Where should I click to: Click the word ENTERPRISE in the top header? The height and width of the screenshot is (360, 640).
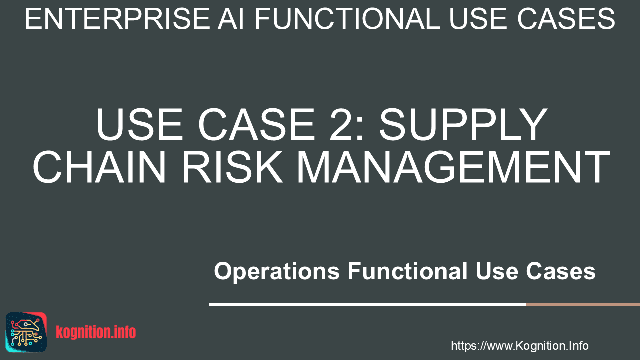117,19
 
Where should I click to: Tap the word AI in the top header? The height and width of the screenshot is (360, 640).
231,19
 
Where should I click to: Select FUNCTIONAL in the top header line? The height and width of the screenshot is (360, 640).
347,19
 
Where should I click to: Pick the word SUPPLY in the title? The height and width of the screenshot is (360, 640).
463,124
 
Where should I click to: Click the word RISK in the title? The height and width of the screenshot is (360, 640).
232,167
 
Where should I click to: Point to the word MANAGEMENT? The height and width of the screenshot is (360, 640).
453,167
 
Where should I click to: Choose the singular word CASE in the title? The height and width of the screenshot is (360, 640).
256,124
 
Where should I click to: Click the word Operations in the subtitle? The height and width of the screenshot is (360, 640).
277,271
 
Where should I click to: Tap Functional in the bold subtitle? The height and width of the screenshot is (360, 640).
407,271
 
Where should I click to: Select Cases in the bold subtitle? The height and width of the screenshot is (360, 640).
561,271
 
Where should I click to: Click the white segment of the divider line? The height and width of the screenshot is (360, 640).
367,304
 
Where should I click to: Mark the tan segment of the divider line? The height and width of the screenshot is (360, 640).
583,304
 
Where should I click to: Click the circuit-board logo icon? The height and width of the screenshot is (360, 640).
26,332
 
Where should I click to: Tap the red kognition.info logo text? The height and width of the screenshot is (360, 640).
96,332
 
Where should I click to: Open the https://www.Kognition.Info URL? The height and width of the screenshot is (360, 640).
520,346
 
